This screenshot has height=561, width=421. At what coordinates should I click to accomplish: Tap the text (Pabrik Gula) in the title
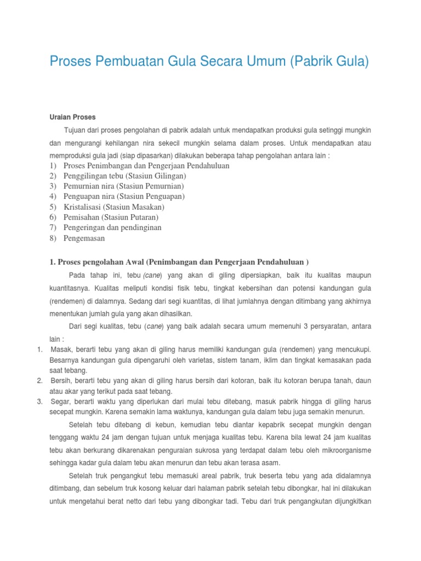(x=327, y=62)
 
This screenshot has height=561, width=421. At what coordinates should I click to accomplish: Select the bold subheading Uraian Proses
(x=72, y=117)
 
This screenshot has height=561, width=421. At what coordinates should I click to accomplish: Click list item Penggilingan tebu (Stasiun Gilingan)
(x=125, y=176)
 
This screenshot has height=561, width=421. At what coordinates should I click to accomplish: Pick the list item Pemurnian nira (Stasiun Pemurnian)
(x=124, y=186)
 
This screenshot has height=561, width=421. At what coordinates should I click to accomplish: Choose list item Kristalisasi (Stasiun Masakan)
(x=114, y=207)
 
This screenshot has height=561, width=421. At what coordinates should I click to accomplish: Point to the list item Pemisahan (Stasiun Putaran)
(x=111, y=217)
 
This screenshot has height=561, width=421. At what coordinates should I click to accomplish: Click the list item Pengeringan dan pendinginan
(x=112, y=227)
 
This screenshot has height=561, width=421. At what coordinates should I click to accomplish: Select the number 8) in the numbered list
(x=53, y=238)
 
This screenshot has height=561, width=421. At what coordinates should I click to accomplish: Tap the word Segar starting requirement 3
(x=60, y=401)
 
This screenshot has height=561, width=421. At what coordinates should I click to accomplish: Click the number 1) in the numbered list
(x=53, y=165)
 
